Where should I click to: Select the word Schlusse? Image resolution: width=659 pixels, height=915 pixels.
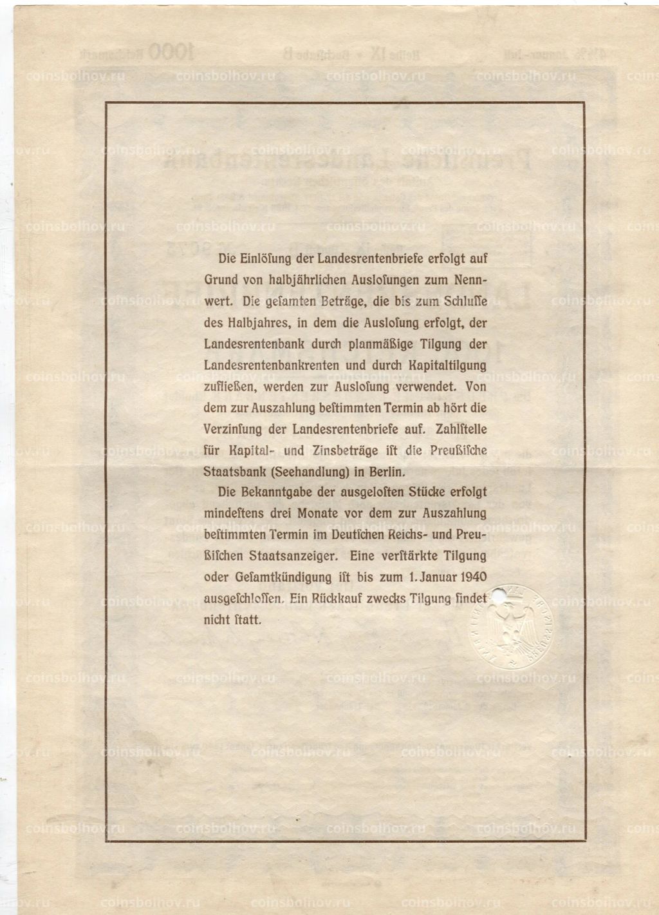(462, 301)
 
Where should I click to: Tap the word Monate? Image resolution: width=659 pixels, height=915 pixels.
(322, 514)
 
